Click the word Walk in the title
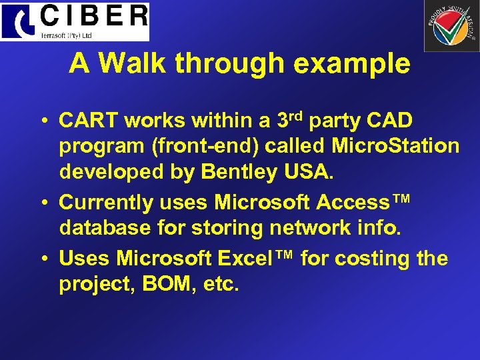point(137,64)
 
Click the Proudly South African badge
point(451,26)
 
